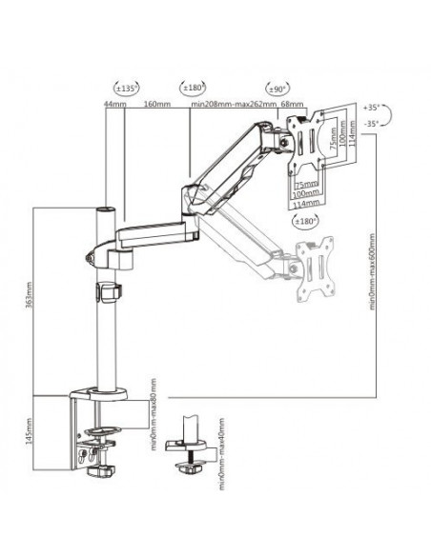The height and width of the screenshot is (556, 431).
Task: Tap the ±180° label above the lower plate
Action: click(306, 222)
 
